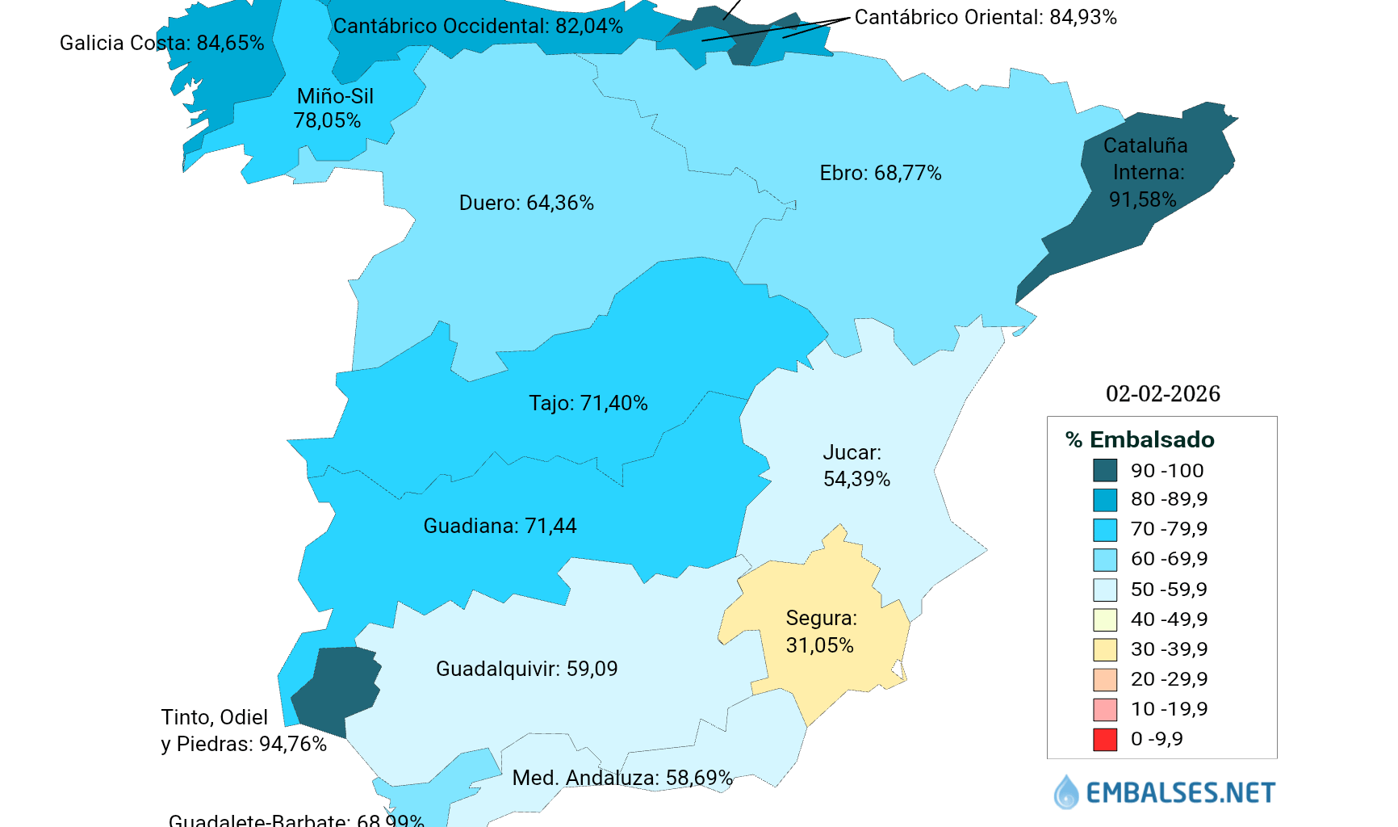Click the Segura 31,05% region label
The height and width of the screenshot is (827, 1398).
coord(820,632)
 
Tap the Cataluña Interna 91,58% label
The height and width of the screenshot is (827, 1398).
coord(1144,172)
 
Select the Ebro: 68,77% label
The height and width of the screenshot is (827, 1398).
coord(880,173)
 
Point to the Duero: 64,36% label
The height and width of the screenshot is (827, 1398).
coord(526,203)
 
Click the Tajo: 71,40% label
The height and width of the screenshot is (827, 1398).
coord(588,403)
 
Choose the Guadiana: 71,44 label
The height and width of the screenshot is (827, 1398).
coord(500,526)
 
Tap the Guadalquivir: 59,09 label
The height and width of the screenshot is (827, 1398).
coord(526,669)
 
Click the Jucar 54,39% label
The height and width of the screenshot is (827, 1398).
coord(856,466)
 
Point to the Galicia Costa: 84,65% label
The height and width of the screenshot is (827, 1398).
coord(161,43)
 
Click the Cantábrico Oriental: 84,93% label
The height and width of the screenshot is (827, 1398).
coord(986,17)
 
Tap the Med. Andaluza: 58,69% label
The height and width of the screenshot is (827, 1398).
coord(622,778)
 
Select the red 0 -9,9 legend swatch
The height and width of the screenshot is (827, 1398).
coord(1105,739)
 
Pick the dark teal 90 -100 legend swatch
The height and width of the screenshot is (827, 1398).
coord(1105,470)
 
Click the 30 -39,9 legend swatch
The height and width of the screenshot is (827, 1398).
coord(1105,649)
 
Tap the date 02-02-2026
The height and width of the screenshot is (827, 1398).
coord(1162,393)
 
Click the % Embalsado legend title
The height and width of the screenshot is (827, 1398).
coord(1140,439)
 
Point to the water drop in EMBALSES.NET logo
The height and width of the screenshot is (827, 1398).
coord(1066,792)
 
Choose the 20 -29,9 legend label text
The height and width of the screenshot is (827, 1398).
coord(1169,679)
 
